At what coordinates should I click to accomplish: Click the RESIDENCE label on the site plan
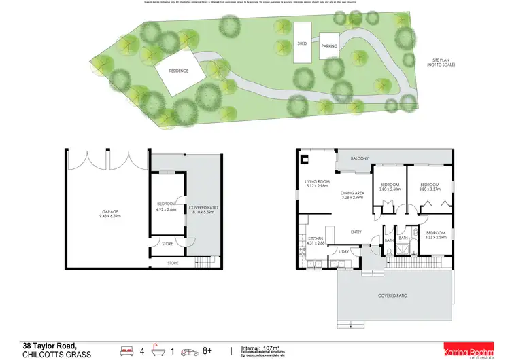178,70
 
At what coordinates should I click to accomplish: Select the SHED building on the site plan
302,43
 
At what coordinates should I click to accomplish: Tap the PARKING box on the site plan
329,46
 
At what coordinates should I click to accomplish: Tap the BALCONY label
360,158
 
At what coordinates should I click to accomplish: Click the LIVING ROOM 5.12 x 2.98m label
317,184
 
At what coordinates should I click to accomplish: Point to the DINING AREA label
352,195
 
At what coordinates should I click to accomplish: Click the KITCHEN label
315,241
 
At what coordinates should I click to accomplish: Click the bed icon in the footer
128,350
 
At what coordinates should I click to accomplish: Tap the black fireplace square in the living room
305,161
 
